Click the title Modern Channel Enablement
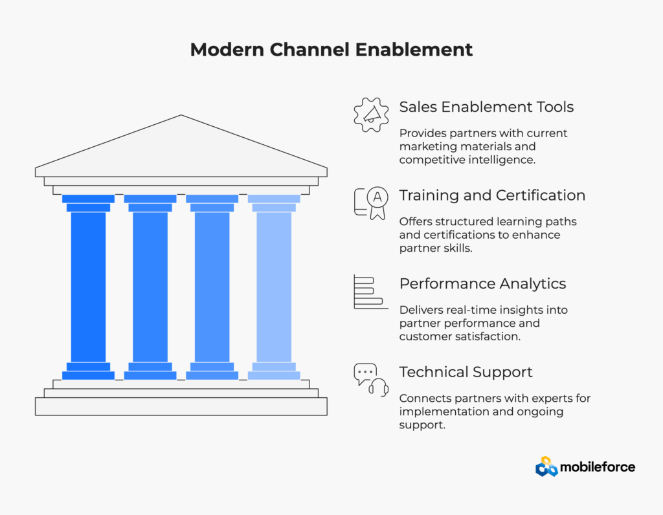(331, 50)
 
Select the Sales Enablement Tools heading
(486, 107)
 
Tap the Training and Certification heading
(492, 195)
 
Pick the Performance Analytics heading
(482, 284)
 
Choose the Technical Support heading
(466, 373)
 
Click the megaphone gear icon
(371, 115)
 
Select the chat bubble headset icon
(371, 379)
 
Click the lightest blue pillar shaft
(274, 287)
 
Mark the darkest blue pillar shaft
(88, 287)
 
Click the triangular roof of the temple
(181, 146)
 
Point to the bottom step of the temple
(181, 406)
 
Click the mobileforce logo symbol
(546, 467)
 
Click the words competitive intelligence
(467, 160)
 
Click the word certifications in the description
(455, 234)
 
